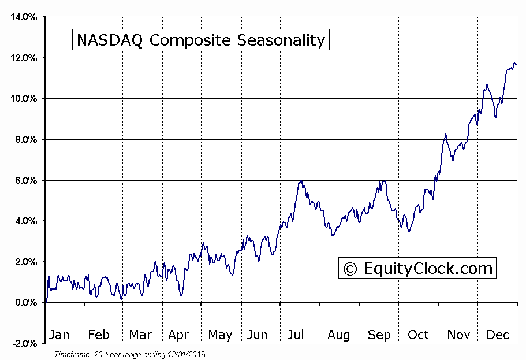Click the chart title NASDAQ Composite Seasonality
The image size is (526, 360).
pyautogui.click(x=200, y=40)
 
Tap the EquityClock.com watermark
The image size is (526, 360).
pyautogui.click(x=417, y=268)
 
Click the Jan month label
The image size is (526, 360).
pyautogui.click(x=59, y=335)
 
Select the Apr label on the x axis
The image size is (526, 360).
pyautogui.click(x=178, y=335)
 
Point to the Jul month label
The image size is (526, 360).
pyautogui.click(x=295, y=335)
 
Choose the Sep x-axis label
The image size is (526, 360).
pyautogui.click(x=379, y=335)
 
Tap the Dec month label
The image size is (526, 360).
pyautogui.click(x=497, y=335)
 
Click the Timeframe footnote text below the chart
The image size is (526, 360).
pyautogui.click(x=130, y=354)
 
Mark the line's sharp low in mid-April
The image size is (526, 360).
pyautogui.click(x=181, y=295)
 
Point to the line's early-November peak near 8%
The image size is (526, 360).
pyautogui.click(x=446, y=134)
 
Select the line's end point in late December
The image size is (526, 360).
pyautogui.click(x=516, y=64)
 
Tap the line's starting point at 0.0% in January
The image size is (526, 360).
pyautogui.click(x=46, y=302)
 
